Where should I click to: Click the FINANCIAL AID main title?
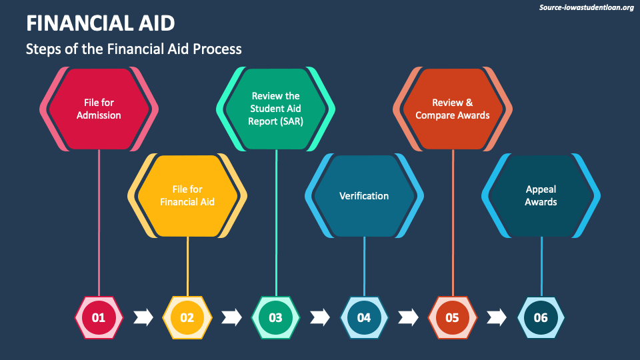(101, 24)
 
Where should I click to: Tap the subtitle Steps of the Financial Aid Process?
(133, 49)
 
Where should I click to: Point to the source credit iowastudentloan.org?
(585, 7)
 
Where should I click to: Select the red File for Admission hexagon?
(99, 109)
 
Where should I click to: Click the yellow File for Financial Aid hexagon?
(187, 195)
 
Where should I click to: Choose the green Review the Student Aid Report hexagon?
(275, 109)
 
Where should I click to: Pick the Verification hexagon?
(364, 195)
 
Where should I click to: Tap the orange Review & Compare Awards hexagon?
(453, 109)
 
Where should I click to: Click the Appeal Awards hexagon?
(541, 195)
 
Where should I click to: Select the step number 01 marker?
(99, 317)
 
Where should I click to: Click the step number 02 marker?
(187, 317)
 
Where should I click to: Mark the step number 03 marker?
(275, 317)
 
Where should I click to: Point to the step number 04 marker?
(364, 317)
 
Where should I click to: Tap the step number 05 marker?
(453, 317)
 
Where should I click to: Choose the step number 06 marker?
(541, 317)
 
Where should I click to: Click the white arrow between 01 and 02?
(143, 317)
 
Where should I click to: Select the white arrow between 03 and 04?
(320, 317)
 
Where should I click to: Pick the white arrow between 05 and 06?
(497, 317)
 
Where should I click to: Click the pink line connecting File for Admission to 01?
(99, 220)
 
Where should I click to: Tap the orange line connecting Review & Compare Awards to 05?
(453, 220)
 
